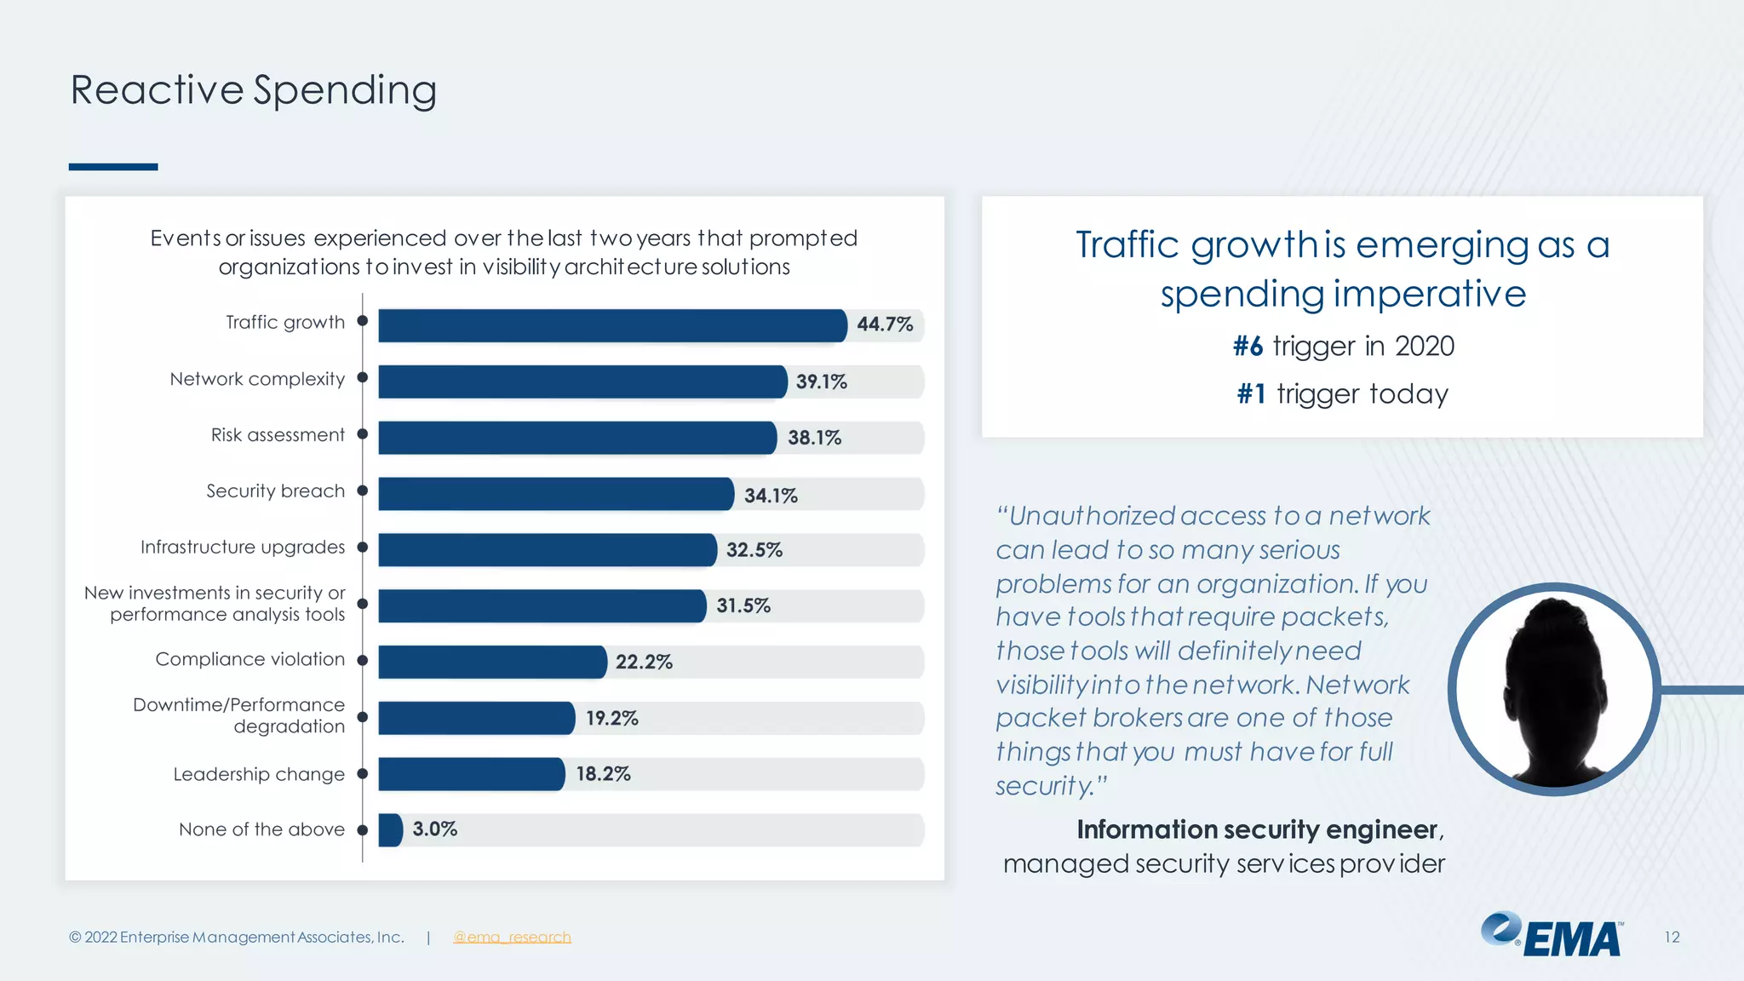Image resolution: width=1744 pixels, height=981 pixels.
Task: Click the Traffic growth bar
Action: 611,325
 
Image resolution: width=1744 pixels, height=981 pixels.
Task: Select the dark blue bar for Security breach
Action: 555,494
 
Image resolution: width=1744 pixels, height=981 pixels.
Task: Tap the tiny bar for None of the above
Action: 390,830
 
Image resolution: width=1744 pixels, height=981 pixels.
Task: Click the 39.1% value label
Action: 821,381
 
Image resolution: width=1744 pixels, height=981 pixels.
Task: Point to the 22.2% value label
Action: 644,662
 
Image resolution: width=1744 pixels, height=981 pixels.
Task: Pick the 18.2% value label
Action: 603,774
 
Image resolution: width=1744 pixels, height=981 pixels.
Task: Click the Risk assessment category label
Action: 278,435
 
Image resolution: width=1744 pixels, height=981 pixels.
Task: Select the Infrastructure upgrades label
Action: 243,547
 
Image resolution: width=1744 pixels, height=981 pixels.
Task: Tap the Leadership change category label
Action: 259,774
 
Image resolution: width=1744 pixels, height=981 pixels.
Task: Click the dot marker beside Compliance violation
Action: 362,660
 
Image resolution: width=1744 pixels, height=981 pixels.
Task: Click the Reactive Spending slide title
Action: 254,90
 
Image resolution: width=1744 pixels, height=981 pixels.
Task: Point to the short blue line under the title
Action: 113,167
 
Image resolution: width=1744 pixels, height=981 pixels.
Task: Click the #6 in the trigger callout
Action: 1248,347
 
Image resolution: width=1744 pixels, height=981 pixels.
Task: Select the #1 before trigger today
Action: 1251,394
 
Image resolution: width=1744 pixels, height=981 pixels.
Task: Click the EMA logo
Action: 1552,935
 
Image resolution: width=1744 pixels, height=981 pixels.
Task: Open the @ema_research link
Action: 512,937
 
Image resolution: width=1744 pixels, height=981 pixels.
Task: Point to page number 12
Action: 1672,937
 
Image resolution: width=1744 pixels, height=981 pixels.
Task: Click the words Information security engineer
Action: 1257,829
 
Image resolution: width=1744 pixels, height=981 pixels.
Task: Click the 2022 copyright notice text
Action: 237,937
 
